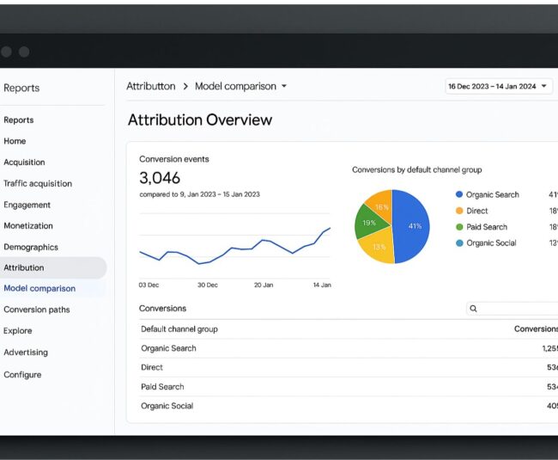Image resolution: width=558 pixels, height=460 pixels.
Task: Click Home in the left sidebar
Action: [x=15, y=141]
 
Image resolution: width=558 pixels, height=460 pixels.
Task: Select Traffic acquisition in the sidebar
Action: [x=38, y=183]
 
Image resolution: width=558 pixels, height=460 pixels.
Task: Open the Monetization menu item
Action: [x=28, y=226]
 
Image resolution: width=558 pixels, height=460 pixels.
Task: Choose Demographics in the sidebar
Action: [x=31, y=248]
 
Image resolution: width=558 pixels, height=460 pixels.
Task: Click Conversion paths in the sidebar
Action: [x=37, y=310]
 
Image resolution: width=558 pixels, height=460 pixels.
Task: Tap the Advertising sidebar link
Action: [x=26, y=353]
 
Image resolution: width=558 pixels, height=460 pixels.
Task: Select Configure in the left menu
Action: [x=22, y=375]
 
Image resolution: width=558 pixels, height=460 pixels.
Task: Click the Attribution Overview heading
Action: [x=200, y=120]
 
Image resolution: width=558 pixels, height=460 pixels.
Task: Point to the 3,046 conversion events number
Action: [x=160, y=178]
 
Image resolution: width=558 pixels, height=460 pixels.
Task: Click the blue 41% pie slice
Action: [x=412, y=225]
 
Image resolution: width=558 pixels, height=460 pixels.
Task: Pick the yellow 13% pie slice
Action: [x=379, y=248]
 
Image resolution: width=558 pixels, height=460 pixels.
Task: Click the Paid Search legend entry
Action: [x=486, y=227]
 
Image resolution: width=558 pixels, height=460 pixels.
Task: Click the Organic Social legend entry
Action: [x=490, y=243]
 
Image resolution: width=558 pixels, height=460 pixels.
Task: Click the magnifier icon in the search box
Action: [x=473, y=309]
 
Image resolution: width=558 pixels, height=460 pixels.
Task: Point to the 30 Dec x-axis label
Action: [x=207, y=285]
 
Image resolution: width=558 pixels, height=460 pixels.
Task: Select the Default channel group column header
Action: [x=179, y=329]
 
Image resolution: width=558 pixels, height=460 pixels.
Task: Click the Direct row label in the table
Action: [x=152, y=368]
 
